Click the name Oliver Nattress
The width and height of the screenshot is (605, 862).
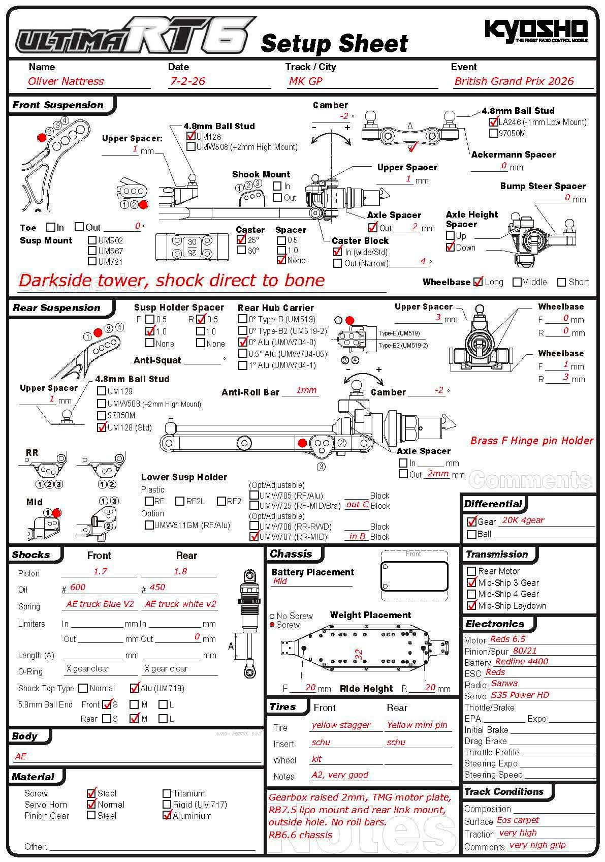(x=66, y=81)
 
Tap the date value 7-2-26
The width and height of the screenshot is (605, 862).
(x=187, y=81)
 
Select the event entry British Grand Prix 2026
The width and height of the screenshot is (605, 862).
(x=514, y=81)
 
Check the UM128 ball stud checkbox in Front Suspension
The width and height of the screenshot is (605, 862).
(x=191, y=136)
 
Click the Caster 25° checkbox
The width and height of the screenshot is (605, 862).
(x=242, y=240)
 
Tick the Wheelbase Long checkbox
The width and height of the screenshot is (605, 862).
(x=478, y=282)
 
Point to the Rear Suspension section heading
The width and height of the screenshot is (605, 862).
(x=56, y=308)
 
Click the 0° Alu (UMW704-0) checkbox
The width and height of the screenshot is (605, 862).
(x=243, y=342)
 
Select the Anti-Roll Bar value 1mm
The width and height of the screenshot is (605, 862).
(x=306, y=390)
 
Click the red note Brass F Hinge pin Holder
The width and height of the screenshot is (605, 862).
(x=531, y=441)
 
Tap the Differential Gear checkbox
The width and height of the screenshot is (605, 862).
(x=471, y=521)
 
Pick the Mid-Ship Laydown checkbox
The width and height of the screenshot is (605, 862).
(x=471, y=605)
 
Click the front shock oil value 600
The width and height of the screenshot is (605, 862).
(x=78, y=588)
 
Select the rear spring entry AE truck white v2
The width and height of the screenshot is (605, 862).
(x=180, y=604)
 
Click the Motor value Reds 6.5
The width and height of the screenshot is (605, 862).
(x=507, y=639)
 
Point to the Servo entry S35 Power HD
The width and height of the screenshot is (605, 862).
(x=520, y=695)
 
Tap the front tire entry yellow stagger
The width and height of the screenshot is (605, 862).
(x=341, y=725)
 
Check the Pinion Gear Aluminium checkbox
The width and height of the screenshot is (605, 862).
(x=167, y=816)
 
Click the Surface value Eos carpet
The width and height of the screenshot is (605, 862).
(x=518, y=820)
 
